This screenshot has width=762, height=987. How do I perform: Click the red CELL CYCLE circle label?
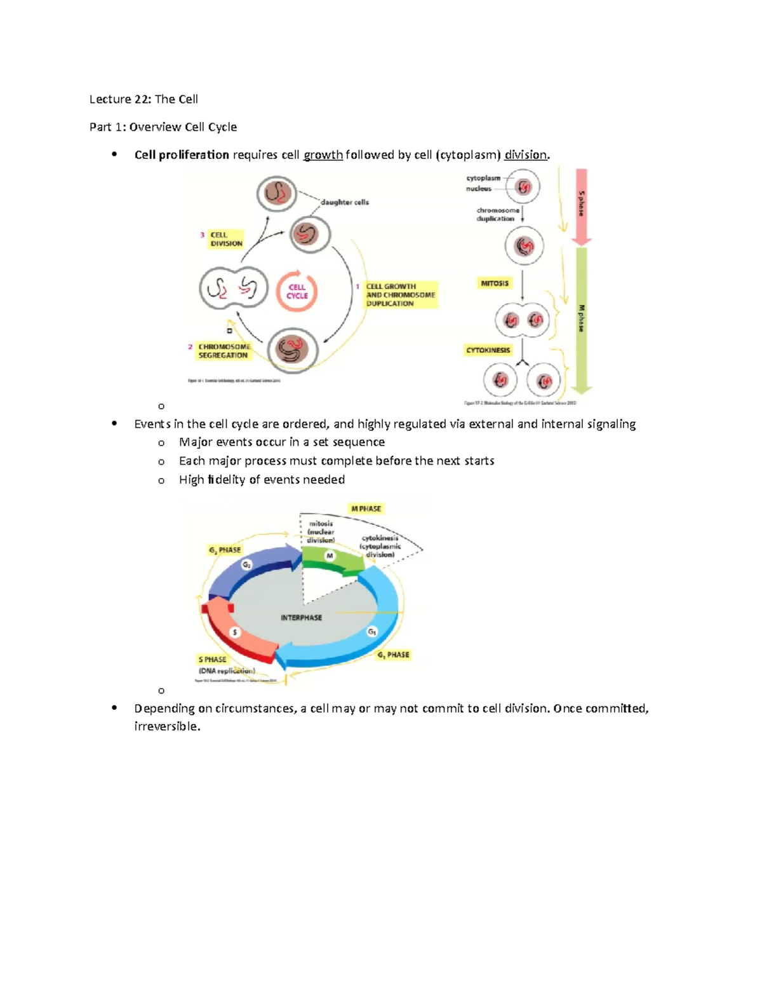297,292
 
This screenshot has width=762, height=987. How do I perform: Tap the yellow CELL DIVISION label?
226,239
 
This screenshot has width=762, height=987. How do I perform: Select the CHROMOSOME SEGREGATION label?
224,351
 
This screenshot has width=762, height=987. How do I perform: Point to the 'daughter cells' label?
344,202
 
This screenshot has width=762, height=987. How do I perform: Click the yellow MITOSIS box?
495,283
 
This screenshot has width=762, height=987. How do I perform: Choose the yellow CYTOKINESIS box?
488,350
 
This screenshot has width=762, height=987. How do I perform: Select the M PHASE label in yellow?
366,508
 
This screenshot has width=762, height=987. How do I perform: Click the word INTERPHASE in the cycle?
301,617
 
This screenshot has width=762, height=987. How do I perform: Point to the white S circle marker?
235,632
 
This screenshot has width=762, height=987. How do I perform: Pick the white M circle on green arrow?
330,556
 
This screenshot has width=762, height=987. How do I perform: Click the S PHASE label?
212,659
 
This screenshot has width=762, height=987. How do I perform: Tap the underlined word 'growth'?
323,154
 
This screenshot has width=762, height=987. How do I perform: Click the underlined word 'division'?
525,154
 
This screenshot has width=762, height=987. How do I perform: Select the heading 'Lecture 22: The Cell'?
144,99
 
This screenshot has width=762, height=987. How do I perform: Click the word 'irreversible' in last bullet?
166,726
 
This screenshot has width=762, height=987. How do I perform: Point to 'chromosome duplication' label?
498,214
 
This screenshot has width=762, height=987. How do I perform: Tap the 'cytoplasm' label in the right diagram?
483,179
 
